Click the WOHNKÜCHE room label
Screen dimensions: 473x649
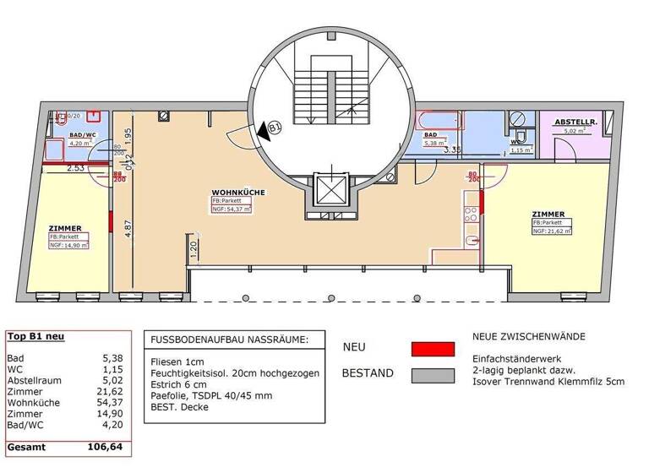coord(238,193)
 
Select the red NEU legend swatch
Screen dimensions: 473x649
coord(433,348)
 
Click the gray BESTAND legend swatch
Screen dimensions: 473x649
coord(433,372)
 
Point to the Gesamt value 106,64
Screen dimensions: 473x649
coord(106,446)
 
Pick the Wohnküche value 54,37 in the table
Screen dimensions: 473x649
coord(111,403)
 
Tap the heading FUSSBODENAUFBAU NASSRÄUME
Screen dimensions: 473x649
coord(229,340)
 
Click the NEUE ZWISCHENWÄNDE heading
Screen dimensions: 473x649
coord(528,336)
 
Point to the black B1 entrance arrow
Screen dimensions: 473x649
coord(272,129)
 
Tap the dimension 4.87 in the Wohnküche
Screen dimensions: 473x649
coord(128,230)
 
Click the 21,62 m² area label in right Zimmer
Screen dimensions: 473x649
coord(551,230)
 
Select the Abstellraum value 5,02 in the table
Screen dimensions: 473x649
coord(111,380)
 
